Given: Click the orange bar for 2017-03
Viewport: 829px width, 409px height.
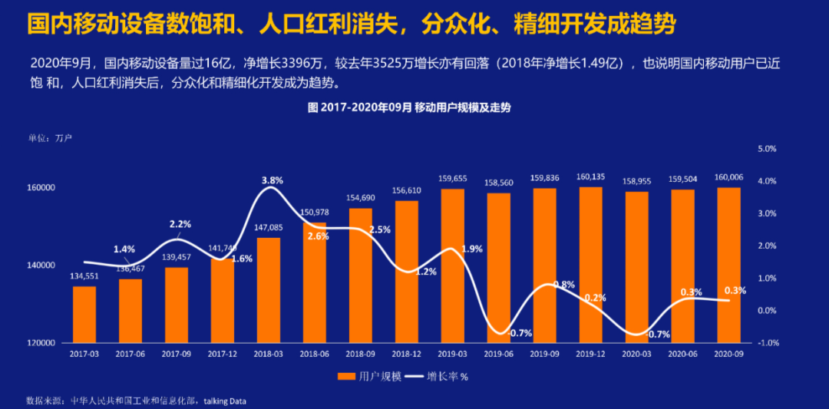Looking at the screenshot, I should [x=84, y=315].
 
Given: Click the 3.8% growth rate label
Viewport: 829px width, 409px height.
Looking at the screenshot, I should [x=272, y=180].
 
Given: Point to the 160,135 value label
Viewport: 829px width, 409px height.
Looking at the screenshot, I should [x=591, y=177].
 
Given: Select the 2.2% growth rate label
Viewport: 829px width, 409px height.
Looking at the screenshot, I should [x=180, y=224].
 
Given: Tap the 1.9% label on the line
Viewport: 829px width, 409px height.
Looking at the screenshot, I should [x=473, y=249].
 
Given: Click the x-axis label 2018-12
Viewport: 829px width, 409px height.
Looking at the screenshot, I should [x=407, y=354].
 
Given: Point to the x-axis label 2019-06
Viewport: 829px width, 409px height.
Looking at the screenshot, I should [x=499, y=354].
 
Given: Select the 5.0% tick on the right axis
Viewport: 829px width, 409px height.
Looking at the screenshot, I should [x=768, y=149].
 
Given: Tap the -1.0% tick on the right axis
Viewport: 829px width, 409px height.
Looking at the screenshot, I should [x=767, y=343].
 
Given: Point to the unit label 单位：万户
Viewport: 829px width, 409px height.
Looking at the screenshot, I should [x=51, y=138].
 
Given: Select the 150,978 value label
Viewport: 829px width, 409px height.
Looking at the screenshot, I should [x=315, y=213].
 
